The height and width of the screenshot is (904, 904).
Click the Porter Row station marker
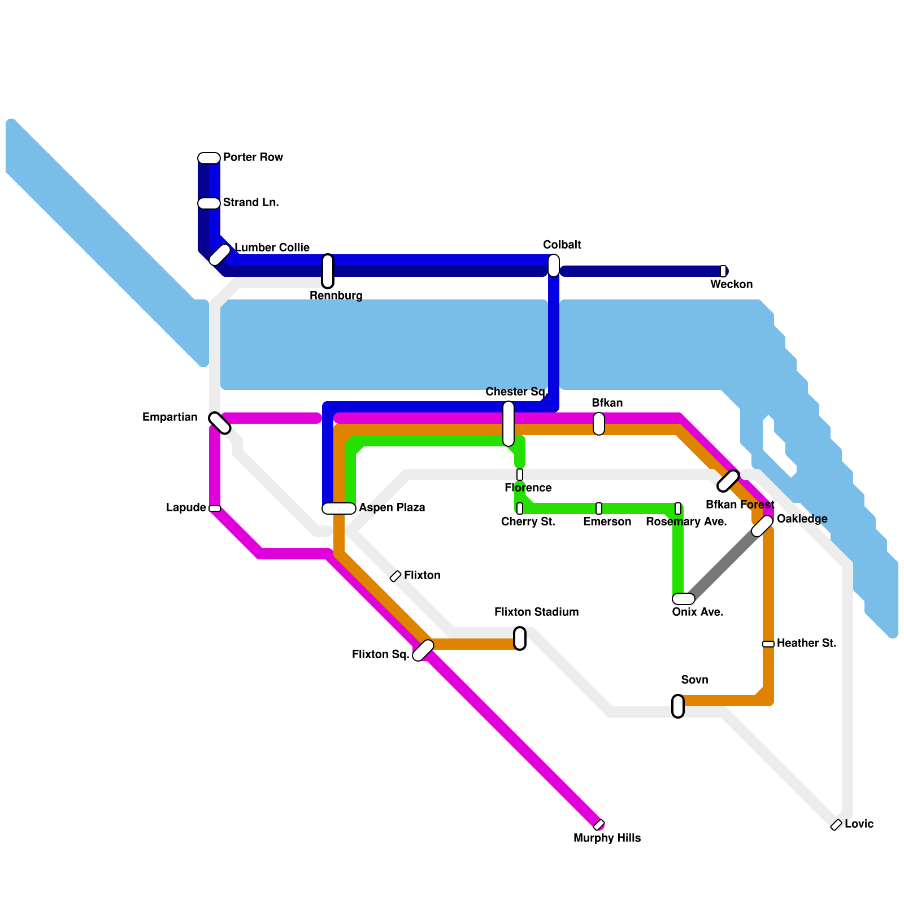(x=209, y=158)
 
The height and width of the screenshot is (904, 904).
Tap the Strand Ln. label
(x=251, y=202)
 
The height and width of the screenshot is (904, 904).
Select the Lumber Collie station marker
(x=220, y=255)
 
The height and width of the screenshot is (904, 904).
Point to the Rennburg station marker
(x=328, y=271)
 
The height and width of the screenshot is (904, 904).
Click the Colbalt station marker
(x=554, y=266)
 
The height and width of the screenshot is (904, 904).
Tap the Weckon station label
(x=731, y=284)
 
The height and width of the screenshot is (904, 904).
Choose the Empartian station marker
(x=219, y=423)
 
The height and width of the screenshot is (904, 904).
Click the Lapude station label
(x=186, y=507)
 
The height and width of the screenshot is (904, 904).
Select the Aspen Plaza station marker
(x=339, y=508)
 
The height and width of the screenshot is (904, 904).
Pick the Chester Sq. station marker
(x=508, y=424)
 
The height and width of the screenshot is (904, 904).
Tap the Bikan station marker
(x=599, y=424)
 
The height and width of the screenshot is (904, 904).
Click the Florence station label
(x=528, y=488)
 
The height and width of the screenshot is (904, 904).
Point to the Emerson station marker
(x=599, y=508)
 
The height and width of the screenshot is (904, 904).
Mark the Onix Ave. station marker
(x=684, y=599)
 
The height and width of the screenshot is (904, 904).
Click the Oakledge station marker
(x=762, y=526)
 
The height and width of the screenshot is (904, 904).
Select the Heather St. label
(x=806, y=643)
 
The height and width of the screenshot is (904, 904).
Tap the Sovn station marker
(x=678, y=706)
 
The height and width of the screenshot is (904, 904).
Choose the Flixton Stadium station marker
(x=520, y=638)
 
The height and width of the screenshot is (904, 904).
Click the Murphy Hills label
(x=607, y=838)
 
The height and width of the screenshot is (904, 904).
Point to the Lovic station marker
(x=836, y=825)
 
